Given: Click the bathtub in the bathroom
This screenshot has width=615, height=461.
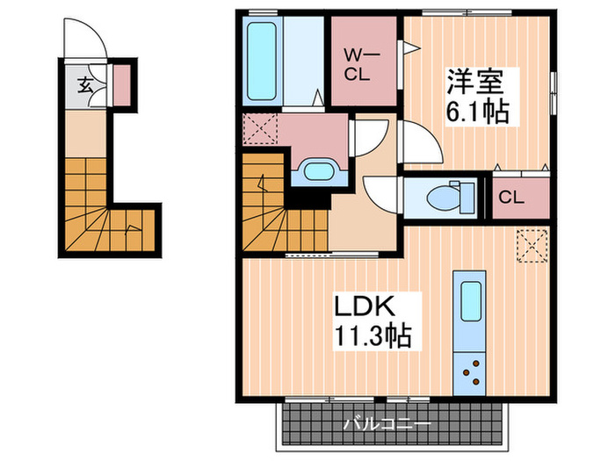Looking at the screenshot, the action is coord(262,61).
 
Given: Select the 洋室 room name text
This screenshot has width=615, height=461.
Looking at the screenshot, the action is coord(475,82).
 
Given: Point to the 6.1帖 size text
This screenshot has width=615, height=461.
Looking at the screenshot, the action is coord(477,112).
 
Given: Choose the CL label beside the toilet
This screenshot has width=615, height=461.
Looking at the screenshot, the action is coord(511,198).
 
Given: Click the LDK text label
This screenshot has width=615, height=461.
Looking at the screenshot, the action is coord(364,306).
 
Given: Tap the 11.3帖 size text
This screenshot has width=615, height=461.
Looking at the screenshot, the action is coord(373,336).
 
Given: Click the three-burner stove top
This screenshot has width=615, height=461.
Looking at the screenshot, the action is coord(469,373).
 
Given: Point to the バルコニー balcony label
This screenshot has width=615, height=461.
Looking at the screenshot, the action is coord(387,424).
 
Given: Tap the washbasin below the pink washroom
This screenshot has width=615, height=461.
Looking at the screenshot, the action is coord(319,172).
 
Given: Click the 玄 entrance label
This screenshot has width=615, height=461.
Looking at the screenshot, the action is coord(85,85).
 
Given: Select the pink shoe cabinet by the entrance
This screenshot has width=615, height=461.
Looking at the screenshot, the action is coord(121,85).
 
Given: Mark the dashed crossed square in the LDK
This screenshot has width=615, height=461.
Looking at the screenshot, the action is coord(532,246).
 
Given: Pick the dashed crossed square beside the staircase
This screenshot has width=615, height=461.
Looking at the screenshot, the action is coord(260,128).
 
